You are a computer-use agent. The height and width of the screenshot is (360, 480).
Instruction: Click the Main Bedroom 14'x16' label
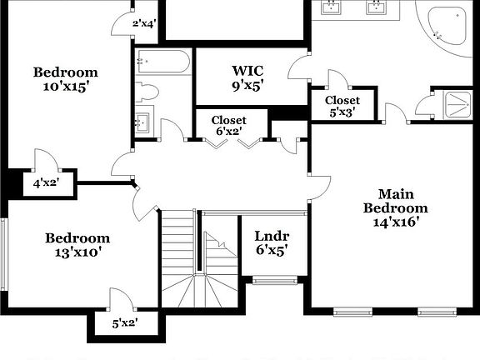(x=395, y=208)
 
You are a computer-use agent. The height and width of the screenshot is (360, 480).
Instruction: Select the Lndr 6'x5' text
(x=272, y=242)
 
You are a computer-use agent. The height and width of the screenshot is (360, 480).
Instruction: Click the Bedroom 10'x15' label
(x=66, y=79)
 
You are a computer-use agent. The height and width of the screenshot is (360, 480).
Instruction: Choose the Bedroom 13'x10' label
(x=77, y=244)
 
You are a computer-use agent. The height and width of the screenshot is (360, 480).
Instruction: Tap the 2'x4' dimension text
(x=143, y=23)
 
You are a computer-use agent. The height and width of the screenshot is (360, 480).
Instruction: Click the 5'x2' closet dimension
(x=124, y=322)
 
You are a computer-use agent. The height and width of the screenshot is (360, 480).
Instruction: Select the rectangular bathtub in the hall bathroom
(x=163, y=61)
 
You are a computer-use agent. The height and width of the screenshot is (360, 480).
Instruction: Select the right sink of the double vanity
(x=376, y=8)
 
